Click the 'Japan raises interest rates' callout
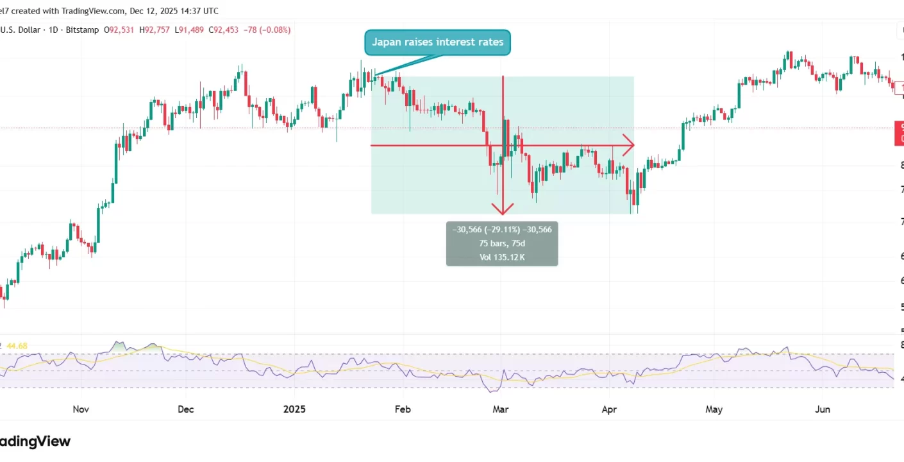point(438,42)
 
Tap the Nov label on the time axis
point(80,409)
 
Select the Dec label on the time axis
point(185,409)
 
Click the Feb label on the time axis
point(402,409)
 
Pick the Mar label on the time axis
point(500,409)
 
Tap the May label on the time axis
point(714,409)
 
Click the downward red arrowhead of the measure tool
point(503,209)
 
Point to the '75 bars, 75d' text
point(502,243)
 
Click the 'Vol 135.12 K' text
point(502,257)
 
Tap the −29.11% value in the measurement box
point(502,230)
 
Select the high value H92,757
point(158,30)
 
